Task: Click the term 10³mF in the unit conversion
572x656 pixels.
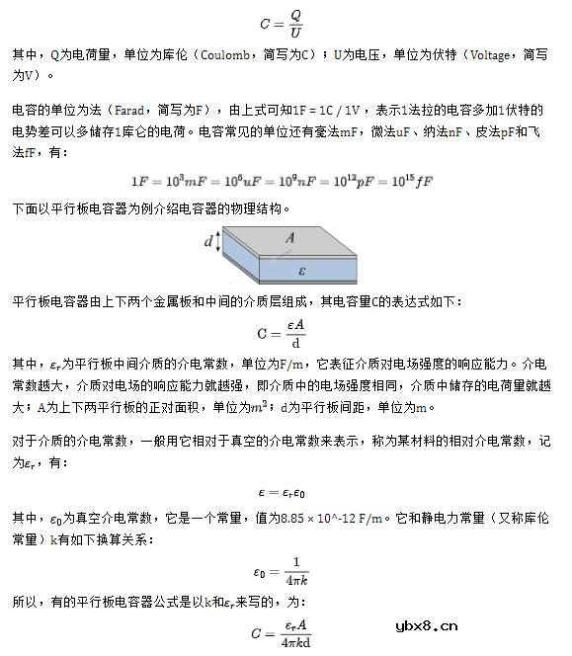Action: click(193, 182)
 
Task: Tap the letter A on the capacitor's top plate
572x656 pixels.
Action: click(289, 237)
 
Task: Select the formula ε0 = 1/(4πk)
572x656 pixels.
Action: click(284, 570)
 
